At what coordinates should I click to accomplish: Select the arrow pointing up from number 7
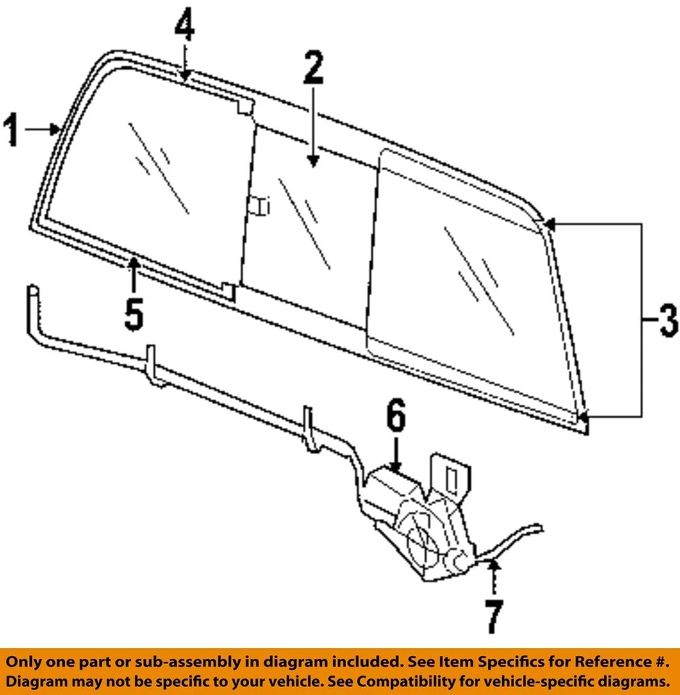493,576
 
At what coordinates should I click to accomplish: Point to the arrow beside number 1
43,130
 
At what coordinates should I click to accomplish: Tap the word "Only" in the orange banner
27,662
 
